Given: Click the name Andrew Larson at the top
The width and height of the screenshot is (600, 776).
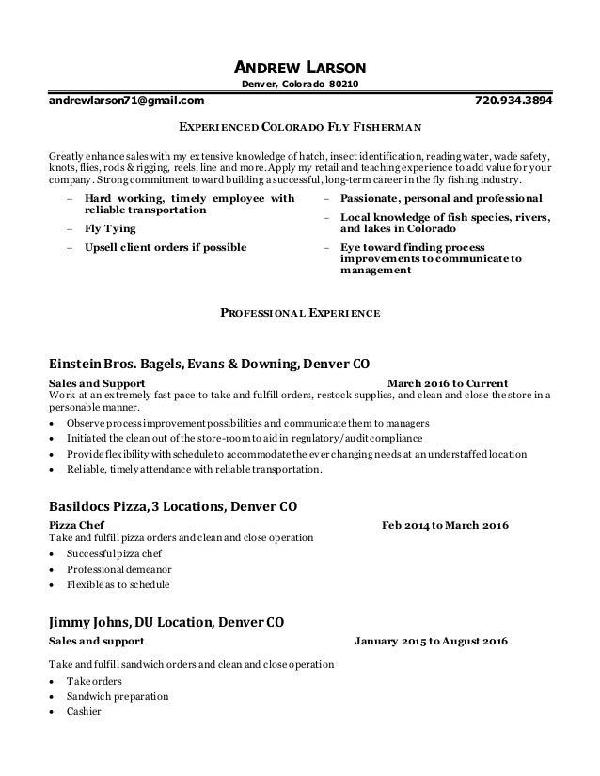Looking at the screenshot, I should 300,68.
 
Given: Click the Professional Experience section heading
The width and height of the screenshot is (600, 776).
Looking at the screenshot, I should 300,312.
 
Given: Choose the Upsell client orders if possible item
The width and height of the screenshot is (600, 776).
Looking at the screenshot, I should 166,248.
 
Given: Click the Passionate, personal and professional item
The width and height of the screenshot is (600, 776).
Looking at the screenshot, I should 440,199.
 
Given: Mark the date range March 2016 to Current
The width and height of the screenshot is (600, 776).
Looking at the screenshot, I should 448,383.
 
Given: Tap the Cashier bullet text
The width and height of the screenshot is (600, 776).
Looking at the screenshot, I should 84,712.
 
